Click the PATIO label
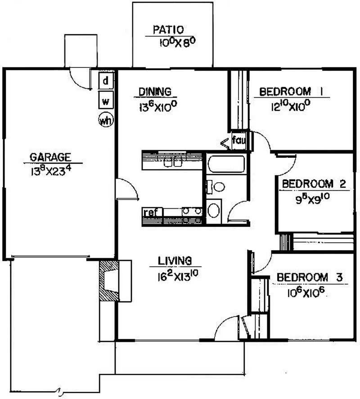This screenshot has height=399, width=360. point(168,30)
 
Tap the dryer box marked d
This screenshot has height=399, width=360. point(106,81)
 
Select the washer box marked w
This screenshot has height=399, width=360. point(106,100)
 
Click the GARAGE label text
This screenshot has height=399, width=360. point(50,157)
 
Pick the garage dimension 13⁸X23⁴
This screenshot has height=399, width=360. point(50,170)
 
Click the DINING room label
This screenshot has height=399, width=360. point(155,92)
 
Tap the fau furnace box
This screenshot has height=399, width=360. point(239,140)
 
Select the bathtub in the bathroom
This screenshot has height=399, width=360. point(226,164)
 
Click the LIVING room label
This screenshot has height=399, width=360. point(175,261)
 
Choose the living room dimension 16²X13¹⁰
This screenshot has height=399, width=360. point(178,276)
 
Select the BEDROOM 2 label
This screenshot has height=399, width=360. point(314,184)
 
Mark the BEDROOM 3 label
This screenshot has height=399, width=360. point(310,277)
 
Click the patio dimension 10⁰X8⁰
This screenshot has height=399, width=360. point(178,42)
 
